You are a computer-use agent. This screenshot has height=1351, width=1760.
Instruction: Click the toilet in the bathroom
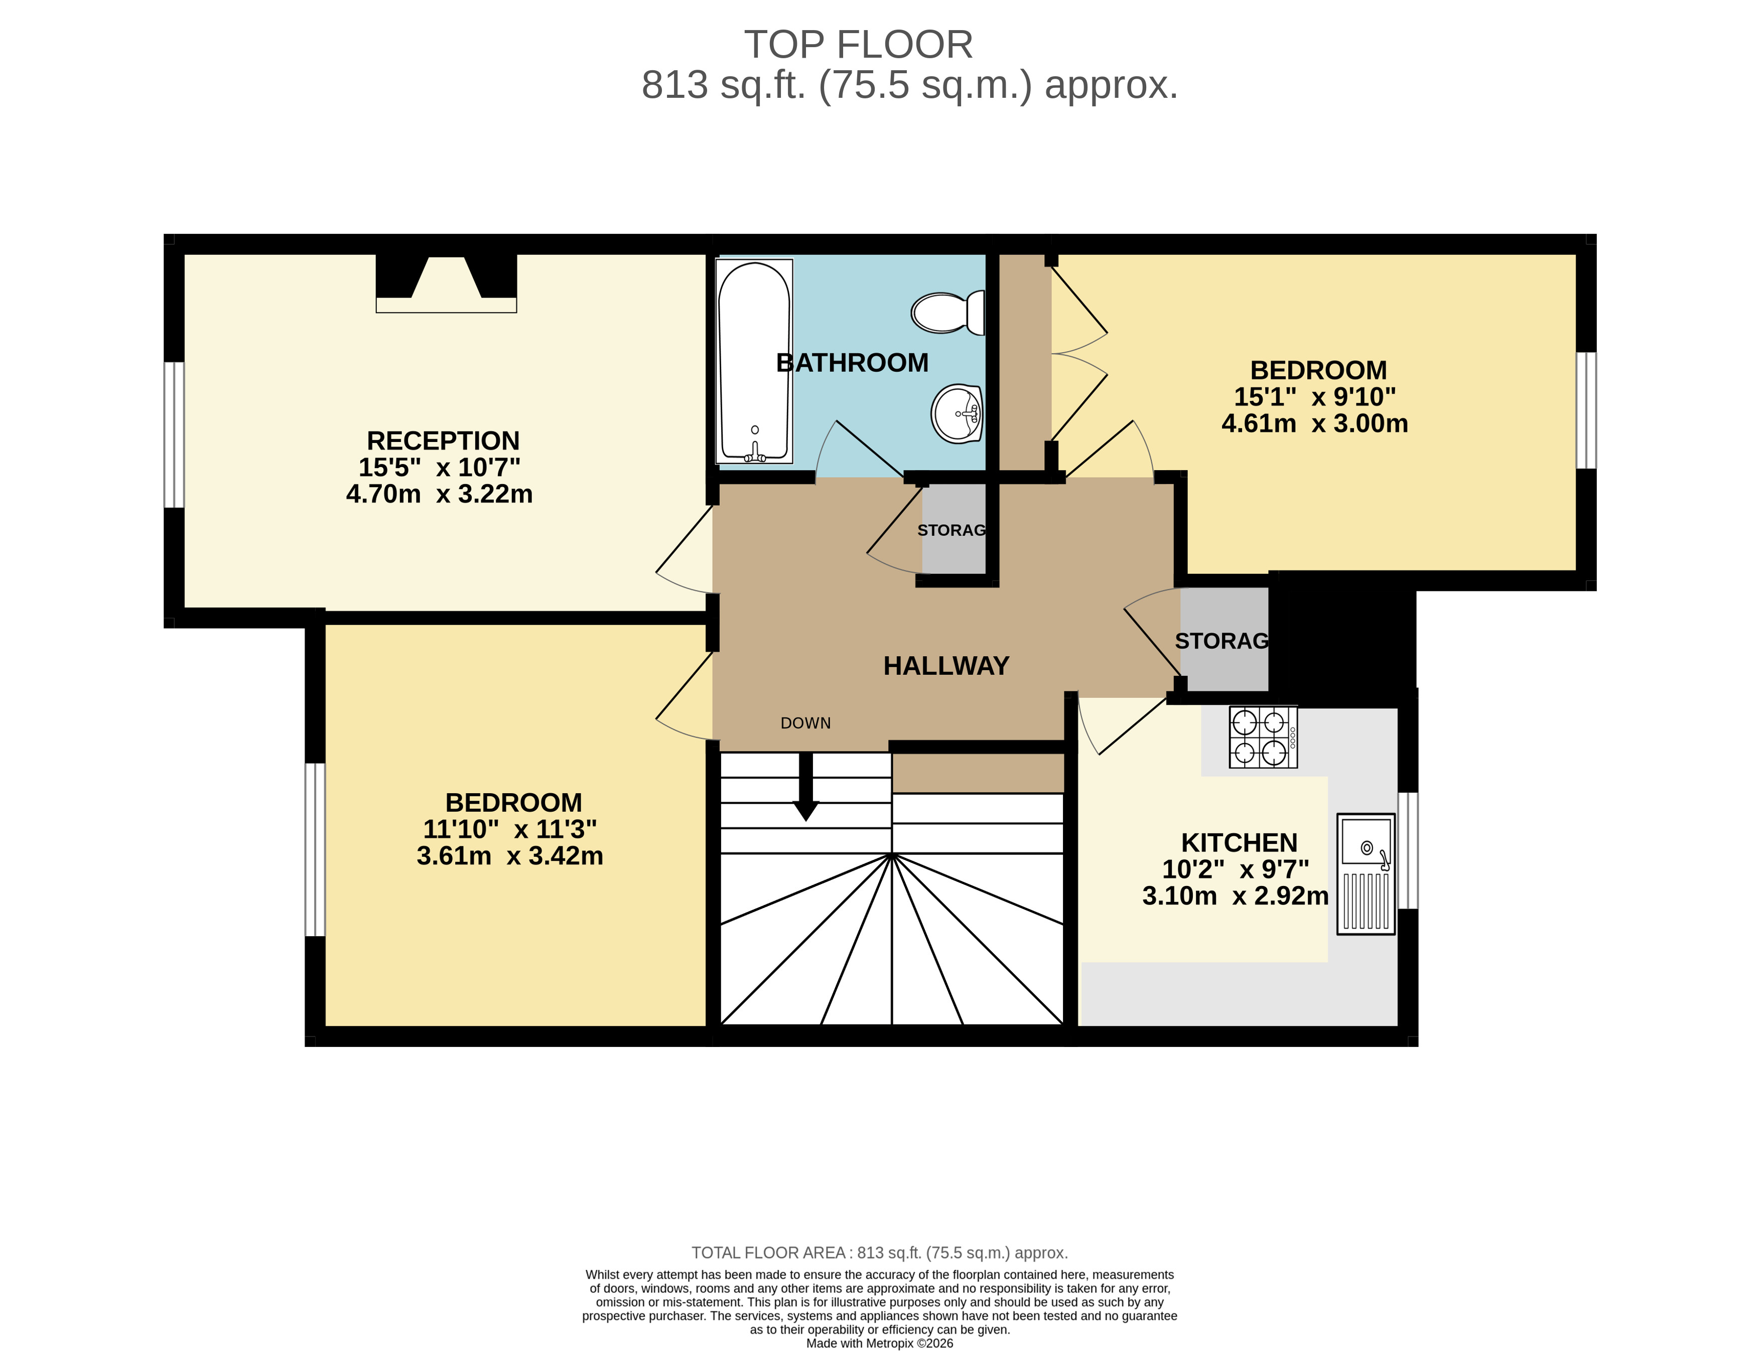pos(947,312)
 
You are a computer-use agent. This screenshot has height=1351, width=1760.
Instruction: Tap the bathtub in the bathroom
pos(754,361)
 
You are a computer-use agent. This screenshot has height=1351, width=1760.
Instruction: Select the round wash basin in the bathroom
pos(957,413)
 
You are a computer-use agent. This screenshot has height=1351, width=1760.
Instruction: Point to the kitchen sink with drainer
pos(1365,873)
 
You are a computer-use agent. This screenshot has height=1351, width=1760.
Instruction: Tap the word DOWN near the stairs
pos(805,723)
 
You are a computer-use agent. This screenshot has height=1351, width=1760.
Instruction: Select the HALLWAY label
pos(946,666)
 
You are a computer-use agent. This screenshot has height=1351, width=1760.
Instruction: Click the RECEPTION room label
pos(443,440)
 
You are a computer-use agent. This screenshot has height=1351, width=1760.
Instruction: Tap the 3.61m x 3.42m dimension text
pos(510,856)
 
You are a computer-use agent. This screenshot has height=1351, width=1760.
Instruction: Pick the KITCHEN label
pos(1239,843)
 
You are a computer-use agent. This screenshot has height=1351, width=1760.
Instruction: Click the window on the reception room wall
pos(174,434)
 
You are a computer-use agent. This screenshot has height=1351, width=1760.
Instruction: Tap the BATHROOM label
pos(852,363)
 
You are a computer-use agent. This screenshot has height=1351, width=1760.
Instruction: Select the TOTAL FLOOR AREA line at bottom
pos(879,1252)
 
